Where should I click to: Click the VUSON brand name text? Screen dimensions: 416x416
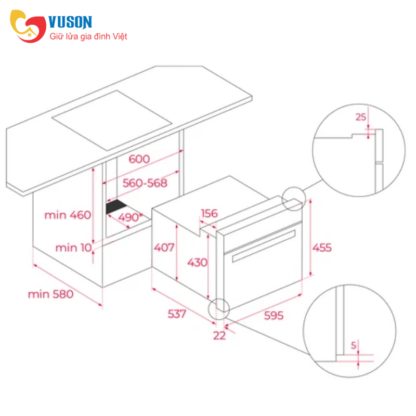(70, 22)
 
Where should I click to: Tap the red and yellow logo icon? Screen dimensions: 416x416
(28, 26)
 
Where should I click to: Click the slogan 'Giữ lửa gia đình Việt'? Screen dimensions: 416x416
(88, 36)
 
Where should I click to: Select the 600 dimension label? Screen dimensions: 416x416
(139, 159)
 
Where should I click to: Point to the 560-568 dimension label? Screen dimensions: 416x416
(145, 183)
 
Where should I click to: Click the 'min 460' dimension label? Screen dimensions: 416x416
(68, 215)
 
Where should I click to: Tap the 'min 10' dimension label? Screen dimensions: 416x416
(73, 248)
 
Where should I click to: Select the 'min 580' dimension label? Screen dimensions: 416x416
(50, 294)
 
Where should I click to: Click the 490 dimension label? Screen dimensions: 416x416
(129, 217)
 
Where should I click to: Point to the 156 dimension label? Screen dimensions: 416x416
(210, 213)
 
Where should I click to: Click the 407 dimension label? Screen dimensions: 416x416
(164, 248)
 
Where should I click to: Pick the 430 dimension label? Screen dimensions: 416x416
(198, 263)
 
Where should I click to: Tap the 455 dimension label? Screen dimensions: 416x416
(322, 248)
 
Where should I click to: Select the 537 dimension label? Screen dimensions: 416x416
(177, 314)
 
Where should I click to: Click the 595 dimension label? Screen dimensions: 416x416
(274, 316)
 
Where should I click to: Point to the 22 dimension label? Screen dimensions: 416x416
(219, 335)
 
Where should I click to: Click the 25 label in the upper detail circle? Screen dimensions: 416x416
(361, 117)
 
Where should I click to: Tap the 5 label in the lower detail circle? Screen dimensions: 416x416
(354, 345)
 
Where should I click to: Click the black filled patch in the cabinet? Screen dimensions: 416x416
(115, 206)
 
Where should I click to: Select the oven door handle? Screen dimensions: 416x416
(264, 245)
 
